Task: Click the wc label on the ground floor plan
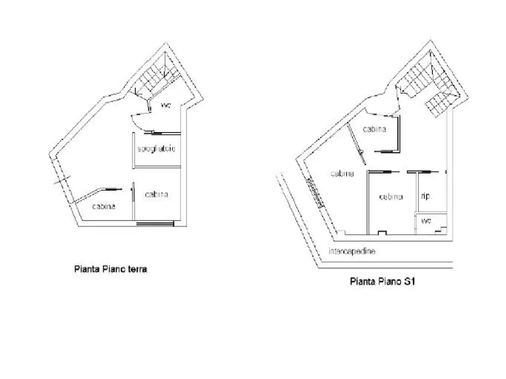166,105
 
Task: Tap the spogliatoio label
157,149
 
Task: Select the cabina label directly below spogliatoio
157,195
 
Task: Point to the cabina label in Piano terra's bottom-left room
104,206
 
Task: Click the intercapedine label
352,251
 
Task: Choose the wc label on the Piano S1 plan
426,221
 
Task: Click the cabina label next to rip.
391,197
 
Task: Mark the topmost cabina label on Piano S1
375,129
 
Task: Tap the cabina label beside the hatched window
342,173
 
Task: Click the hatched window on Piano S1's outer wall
314,193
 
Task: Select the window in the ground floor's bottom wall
155,223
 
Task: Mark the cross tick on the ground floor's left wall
62,180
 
